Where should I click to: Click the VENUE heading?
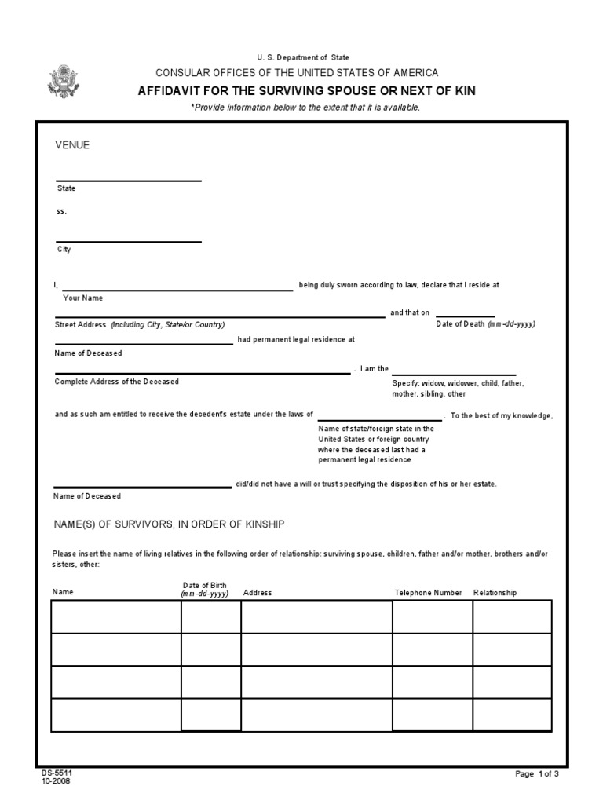pyautogui.click(x=72, y=145)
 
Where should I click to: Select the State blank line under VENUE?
pyautogui.click(x=128, y=180)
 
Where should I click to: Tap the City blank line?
pyautogui.click(x=128, y=240)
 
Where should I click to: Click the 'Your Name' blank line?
pyautogui.click(x=177, y=288)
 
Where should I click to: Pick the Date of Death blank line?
pyautogui.click(x=465, y=316)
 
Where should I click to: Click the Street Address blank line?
pyautogui.click(x=219, y=316)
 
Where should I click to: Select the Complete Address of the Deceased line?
pyautogui.click(x=203, y=373)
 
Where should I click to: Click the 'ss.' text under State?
pyautogui.click(x=61, y=210)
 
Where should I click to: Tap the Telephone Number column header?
pyautogui.click(x=428, y=593)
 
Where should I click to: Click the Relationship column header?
pyautogui.click(x=495, y=593)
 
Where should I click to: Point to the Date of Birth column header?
pyautogui.click(x=204, y=590)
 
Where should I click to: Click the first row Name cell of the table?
pyautogui.click(x=116, y=616)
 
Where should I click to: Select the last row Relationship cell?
pyautogui.click(x=512, y=714)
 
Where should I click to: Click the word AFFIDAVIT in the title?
pyautogui.click(x=168, y=91)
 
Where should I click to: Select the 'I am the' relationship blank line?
pyautogui.click(x=454, y=374)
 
